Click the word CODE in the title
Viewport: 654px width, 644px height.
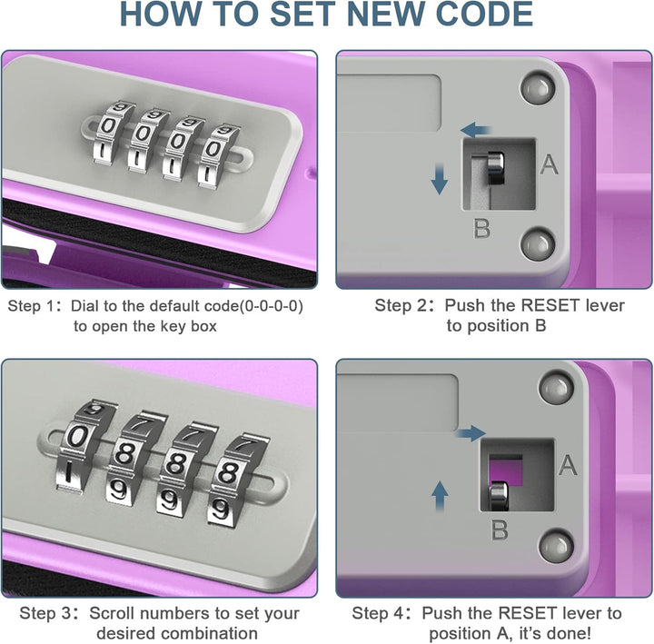(484, 15)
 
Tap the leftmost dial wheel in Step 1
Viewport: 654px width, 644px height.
(109, 132)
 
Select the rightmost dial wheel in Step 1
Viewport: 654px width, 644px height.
(218, 156)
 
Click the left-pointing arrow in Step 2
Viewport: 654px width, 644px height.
(475, 130)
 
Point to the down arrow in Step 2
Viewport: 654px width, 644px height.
(440, 179)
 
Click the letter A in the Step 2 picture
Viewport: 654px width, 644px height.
(549, 164)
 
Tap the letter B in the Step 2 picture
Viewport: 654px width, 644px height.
(482, 228)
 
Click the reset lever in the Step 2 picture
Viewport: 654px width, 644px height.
(495, 168)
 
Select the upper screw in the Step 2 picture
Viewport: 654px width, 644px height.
(538, 88)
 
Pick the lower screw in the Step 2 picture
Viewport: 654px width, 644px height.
(538, 243)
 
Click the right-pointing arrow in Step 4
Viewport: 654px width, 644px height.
(471, 433)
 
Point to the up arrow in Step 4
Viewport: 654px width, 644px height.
(440, 496)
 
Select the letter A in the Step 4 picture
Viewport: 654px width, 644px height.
(568, 465)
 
